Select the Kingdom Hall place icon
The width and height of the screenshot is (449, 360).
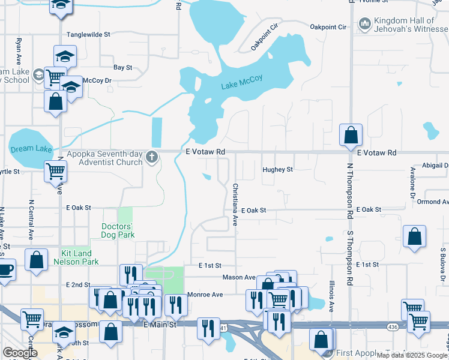tap(364, 24)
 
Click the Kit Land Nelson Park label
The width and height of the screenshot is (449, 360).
tap(76, 258)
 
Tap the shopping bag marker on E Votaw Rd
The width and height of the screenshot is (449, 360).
tap(351, 136)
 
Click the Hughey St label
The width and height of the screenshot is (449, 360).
tap(277, 170)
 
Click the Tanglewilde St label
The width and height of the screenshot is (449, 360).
tap(88, 35)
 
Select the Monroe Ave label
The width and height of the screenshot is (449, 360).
tap(205, 295)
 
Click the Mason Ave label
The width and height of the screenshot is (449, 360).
tap(239, 277)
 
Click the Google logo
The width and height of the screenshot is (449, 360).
tap(20, 353)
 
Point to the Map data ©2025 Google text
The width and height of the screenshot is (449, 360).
tap(412, 355)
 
